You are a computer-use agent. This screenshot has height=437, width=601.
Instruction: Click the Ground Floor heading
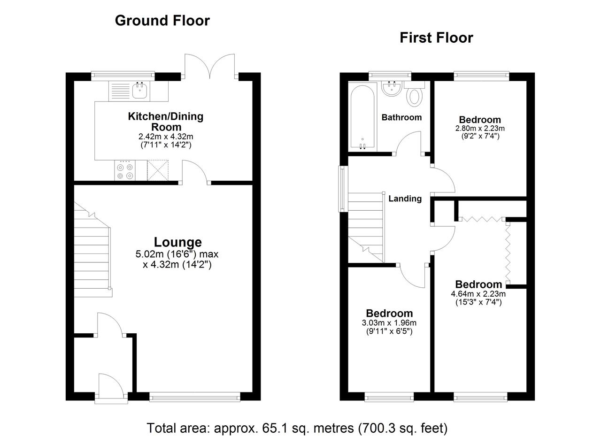click(x=162, y=21)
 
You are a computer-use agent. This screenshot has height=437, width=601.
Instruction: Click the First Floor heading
click(x=436, y=38)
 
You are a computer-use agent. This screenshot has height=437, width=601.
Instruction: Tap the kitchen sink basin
click(x=139, y=91)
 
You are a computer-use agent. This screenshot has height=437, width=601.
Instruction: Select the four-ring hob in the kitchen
click(x=125, y=170)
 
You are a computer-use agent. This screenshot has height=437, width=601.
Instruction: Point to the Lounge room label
click(x=177, y=242)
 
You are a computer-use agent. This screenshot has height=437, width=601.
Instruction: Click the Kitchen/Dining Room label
click(x=166, y=122)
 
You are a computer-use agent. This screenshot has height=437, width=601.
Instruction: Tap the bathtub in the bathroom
click(x=362, y=117)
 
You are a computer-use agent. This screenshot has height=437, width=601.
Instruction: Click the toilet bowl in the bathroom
click(x=415, y=97)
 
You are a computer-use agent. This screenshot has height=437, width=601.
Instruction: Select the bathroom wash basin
click(x=392, y=88)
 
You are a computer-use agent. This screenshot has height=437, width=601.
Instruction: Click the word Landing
click(x=405, y=199)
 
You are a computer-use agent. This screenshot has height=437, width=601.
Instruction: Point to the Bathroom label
click(x=401, y=117)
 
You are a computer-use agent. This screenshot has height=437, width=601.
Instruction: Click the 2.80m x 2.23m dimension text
click(x=480, y=129)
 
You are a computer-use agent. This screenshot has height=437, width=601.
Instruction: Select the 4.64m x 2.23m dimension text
click(x=478, y=294)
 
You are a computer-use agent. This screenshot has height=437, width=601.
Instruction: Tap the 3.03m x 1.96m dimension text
click(x=389, y=323)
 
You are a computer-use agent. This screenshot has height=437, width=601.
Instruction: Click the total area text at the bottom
click(x=297, y=428)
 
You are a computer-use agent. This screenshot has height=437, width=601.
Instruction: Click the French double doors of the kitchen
click(x=209, y=66)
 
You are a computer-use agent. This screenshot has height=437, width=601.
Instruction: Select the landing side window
click(x=343, y=189)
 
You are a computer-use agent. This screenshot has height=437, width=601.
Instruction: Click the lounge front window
click(x=195, y=397)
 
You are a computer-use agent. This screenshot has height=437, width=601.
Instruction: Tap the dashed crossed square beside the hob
click(x=157, y=170)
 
